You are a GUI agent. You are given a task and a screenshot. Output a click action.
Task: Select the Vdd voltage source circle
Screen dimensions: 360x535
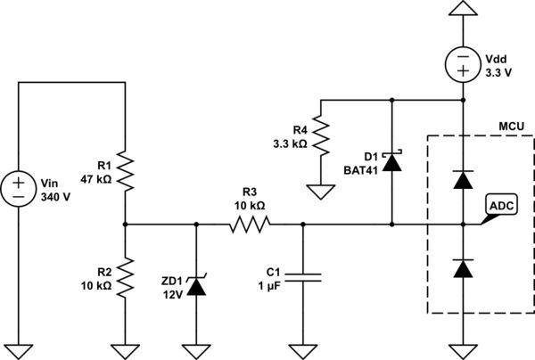point(462,65)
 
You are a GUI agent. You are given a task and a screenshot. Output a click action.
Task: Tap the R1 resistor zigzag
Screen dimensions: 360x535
point(126,171)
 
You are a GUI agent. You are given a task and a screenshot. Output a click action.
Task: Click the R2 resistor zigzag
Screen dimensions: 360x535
point(126,277)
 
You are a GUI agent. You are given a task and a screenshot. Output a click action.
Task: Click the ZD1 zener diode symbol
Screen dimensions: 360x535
point(195,285)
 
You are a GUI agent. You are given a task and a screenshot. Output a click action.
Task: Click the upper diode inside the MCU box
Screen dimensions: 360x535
point(462,179)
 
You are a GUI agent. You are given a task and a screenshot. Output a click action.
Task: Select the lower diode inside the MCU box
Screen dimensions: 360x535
point(462,267)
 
